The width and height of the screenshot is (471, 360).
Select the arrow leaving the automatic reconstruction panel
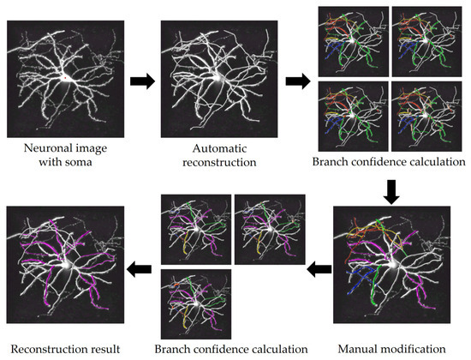click(298, 83)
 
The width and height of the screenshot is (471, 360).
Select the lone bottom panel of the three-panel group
click(195, 304)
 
